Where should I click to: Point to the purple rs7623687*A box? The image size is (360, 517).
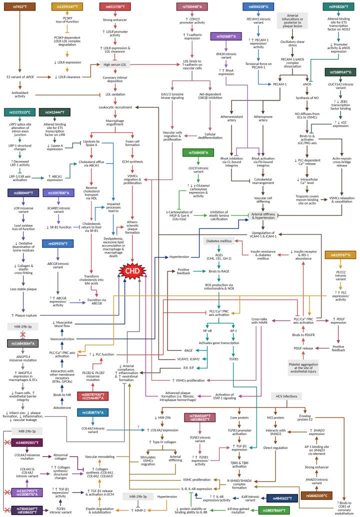(x=226, y=36)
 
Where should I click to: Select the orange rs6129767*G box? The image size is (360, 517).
(x=341, y=255)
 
